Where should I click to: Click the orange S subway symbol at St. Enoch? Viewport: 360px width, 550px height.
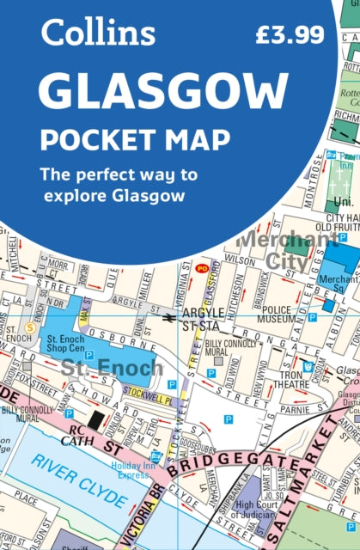point(30,327)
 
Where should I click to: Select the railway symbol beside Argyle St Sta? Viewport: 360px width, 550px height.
point(171,315)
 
